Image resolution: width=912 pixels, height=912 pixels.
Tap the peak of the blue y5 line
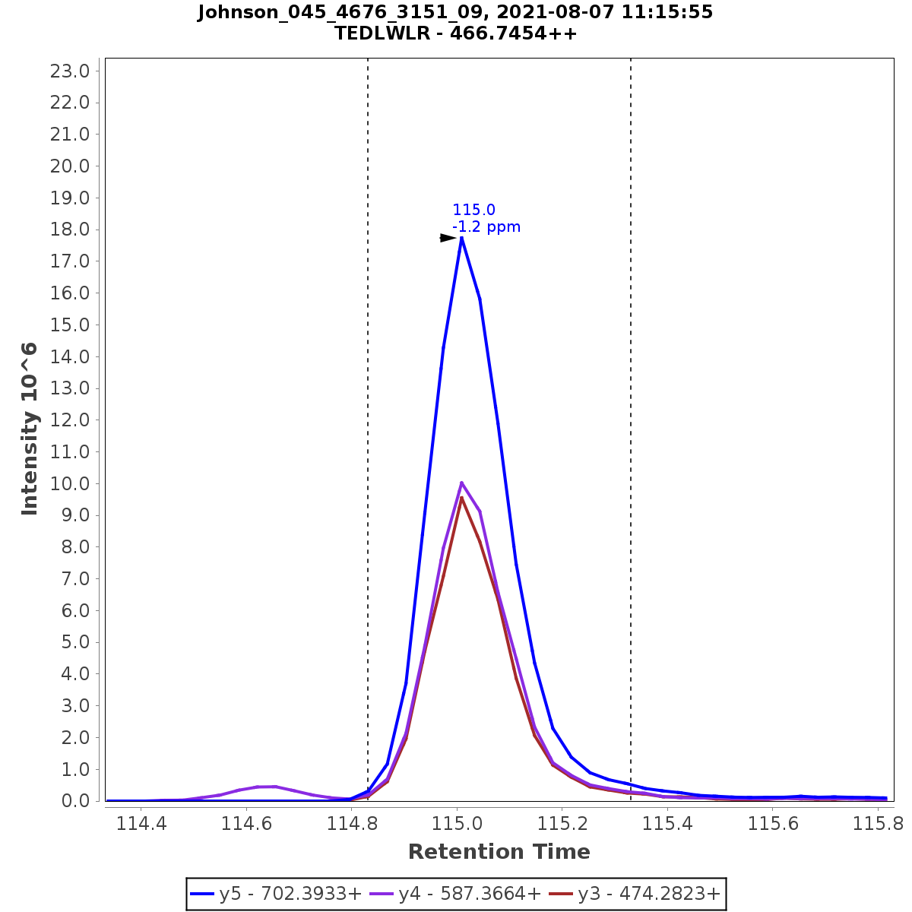click(461, 238)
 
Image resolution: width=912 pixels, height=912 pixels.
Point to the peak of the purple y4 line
click(461, 483)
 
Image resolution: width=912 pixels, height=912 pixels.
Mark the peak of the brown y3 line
click(461, 498)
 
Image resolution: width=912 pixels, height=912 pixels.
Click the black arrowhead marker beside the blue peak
click(448, 238)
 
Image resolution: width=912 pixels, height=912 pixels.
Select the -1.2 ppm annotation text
click(486, 226)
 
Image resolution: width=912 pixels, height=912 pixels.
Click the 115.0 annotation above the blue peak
click(473, 210)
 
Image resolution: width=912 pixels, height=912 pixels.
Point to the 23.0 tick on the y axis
click(70, 71)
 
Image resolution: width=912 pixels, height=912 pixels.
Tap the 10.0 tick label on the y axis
click(70, 483)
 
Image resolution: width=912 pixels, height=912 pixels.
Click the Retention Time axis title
click(499, 852)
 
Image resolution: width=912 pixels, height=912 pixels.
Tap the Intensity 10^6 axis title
click(30, 429)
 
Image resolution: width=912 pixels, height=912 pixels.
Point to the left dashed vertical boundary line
click(368, 380)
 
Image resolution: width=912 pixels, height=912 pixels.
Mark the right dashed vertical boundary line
click(631, 380)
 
